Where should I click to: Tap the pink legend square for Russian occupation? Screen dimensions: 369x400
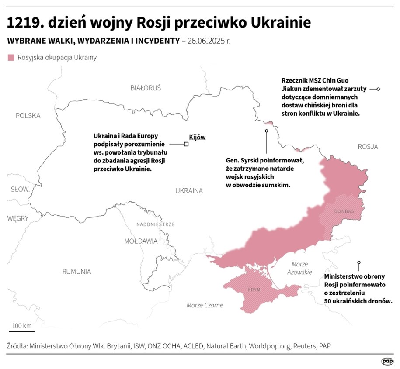[x=11, y=58]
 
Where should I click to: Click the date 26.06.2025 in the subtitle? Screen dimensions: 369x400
[x=208, y=41]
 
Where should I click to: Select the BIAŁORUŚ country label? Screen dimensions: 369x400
[x=146, y=88]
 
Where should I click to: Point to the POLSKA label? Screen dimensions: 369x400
[x=28, y=116]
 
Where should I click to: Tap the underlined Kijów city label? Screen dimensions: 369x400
[x=197, y=137]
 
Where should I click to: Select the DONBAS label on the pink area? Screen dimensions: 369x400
[x=344, y=211]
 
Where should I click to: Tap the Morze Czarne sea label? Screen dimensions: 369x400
[x=205, y=305]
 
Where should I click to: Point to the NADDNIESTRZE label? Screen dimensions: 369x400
[x=155, y=224]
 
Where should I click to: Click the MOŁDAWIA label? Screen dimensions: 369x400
[x=141, y=241]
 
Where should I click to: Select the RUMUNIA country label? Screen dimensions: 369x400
[x=77, y=272]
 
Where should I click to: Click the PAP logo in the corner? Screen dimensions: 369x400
[x=387, y=361]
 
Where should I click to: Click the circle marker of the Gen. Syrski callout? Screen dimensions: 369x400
[x=266, y=131]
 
